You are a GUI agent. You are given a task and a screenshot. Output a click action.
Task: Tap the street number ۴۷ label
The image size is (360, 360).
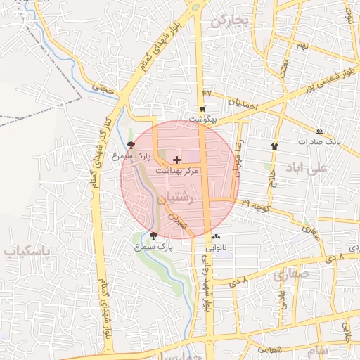pos(207,93)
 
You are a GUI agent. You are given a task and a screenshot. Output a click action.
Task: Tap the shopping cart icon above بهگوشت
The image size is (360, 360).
pos(202,109)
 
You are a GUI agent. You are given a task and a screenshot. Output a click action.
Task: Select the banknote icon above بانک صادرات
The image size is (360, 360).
pos(320,131)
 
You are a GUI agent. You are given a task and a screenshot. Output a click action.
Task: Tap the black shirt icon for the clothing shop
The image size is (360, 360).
pos(274,146)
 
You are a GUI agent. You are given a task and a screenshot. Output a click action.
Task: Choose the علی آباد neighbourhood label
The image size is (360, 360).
pos(307,168)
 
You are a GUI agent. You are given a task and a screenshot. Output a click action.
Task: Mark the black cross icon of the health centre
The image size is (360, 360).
pos(176,160)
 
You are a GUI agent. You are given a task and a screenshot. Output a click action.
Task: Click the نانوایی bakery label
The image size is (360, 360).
pos(216,247)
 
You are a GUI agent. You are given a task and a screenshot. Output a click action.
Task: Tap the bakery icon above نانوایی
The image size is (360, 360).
pos(215,237)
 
